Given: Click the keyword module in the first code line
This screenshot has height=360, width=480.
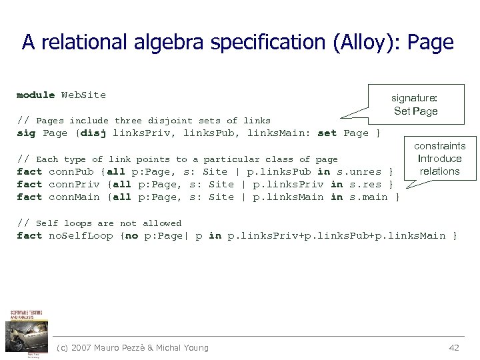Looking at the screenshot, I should tap(35, 95).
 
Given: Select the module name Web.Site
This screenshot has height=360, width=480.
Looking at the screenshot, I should tap(83, 95).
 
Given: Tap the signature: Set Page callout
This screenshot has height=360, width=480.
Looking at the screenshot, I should tap(415, 104).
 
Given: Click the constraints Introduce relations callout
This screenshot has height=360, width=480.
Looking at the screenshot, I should tap(439, 159).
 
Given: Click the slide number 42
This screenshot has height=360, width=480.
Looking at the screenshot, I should tap(454, 347).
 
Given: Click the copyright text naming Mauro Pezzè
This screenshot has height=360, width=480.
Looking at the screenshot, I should tap(133, 347).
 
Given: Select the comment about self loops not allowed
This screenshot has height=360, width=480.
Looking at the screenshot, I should tap(99, 223).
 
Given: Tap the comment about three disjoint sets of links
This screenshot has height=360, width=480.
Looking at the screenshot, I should tap(143, 121).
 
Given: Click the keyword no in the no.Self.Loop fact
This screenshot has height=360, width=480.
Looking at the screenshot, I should tap(132, 236).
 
